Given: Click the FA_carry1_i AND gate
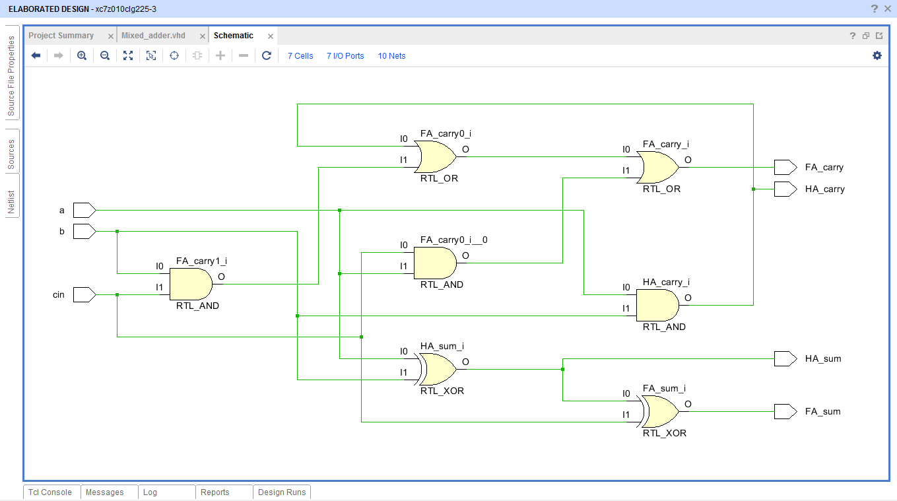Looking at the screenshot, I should pos(190,284).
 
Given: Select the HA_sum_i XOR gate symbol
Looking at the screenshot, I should pos(436,369).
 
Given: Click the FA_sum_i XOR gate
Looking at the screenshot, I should pos(659,411).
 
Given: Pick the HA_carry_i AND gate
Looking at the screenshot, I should pos(657,305).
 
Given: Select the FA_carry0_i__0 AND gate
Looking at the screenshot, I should pos(434,263).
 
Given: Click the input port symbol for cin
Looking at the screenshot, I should pos(84,294).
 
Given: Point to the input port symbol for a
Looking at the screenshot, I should pos(84,210).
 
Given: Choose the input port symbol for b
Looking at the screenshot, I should pos(84,231).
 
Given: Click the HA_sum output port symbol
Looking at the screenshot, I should pos(785,358).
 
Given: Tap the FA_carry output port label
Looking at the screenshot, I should pos(824,168).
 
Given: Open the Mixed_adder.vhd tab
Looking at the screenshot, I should pos(153,36).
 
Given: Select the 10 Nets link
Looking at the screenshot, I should pos(391,56).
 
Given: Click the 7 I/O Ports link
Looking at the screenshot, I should pos(345,56).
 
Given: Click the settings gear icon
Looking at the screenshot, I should pos(877,55).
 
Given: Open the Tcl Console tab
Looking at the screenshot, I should pos(50,492).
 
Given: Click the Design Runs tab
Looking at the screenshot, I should pos(282,492).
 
